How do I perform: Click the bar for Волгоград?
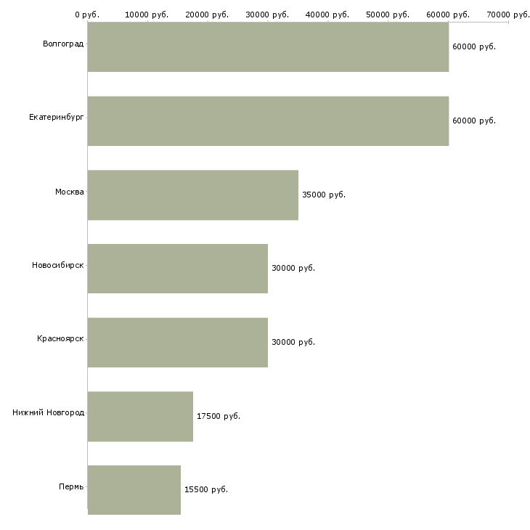click(x=268, y=46)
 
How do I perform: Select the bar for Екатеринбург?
click(x=268, y=121)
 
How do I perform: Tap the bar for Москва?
click(x=192, y=195)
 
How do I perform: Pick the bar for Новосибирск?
click(x=177, y=269)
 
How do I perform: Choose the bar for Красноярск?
click(x=177, y=342)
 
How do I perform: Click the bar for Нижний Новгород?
click(x=140, y=416)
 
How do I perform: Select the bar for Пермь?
click(x=134, y=489)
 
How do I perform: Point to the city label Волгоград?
click(x=63, y=44)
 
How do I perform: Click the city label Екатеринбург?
click(x=57, y=118)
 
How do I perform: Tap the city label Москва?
click(x=70, y=192)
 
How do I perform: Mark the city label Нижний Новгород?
click(x=49, y=413)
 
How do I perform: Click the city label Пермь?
click(x=71, y=486)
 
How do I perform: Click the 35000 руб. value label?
click(x=324, y=195)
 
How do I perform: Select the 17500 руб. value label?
click(x=219, y=416)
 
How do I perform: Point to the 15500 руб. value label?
click(x=206, y=489)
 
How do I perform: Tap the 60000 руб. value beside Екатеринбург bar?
click(x=474, y=121)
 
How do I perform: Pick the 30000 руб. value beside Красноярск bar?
click(x=293, y=342)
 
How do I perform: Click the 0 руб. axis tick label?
click(x=87, y=14)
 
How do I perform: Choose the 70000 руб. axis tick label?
click(x=508, y=14)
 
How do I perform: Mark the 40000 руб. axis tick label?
click(x=328, y=14)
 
